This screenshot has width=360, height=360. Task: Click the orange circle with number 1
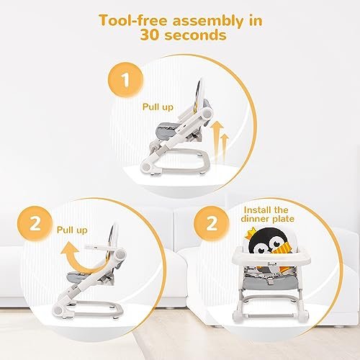tap(125, 80)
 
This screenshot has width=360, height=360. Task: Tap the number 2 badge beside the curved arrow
tap(35, 224)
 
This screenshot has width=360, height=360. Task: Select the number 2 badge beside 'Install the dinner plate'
tap(212, 223)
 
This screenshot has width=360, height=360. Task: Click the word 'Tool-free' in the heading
tap(132, 21)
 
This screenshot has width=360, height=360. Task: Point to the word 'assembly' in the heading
tap(208, 22)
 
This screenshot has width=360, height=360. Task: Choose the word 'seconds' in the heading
tap(196, 35)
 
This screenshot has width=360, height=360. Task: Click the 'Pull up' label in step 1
tap(158, 107)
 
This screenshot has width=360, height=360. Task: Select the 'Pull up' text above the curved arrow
tap(72, 230)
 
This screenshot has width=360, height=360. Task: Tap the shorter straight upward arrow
tap(225, 146)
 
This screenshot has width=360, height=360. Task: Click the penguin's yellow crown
tap(251, 233)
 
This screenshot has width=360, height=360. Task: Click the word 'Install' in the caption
tap(258, 210)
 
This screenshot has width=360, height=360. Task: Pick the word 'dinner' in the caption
tap(255, 219)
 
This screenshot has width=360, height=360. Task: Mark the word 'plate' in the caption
tap(283, 220)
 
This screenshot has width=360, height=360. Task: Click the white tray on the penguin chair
tap(271, 258)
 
